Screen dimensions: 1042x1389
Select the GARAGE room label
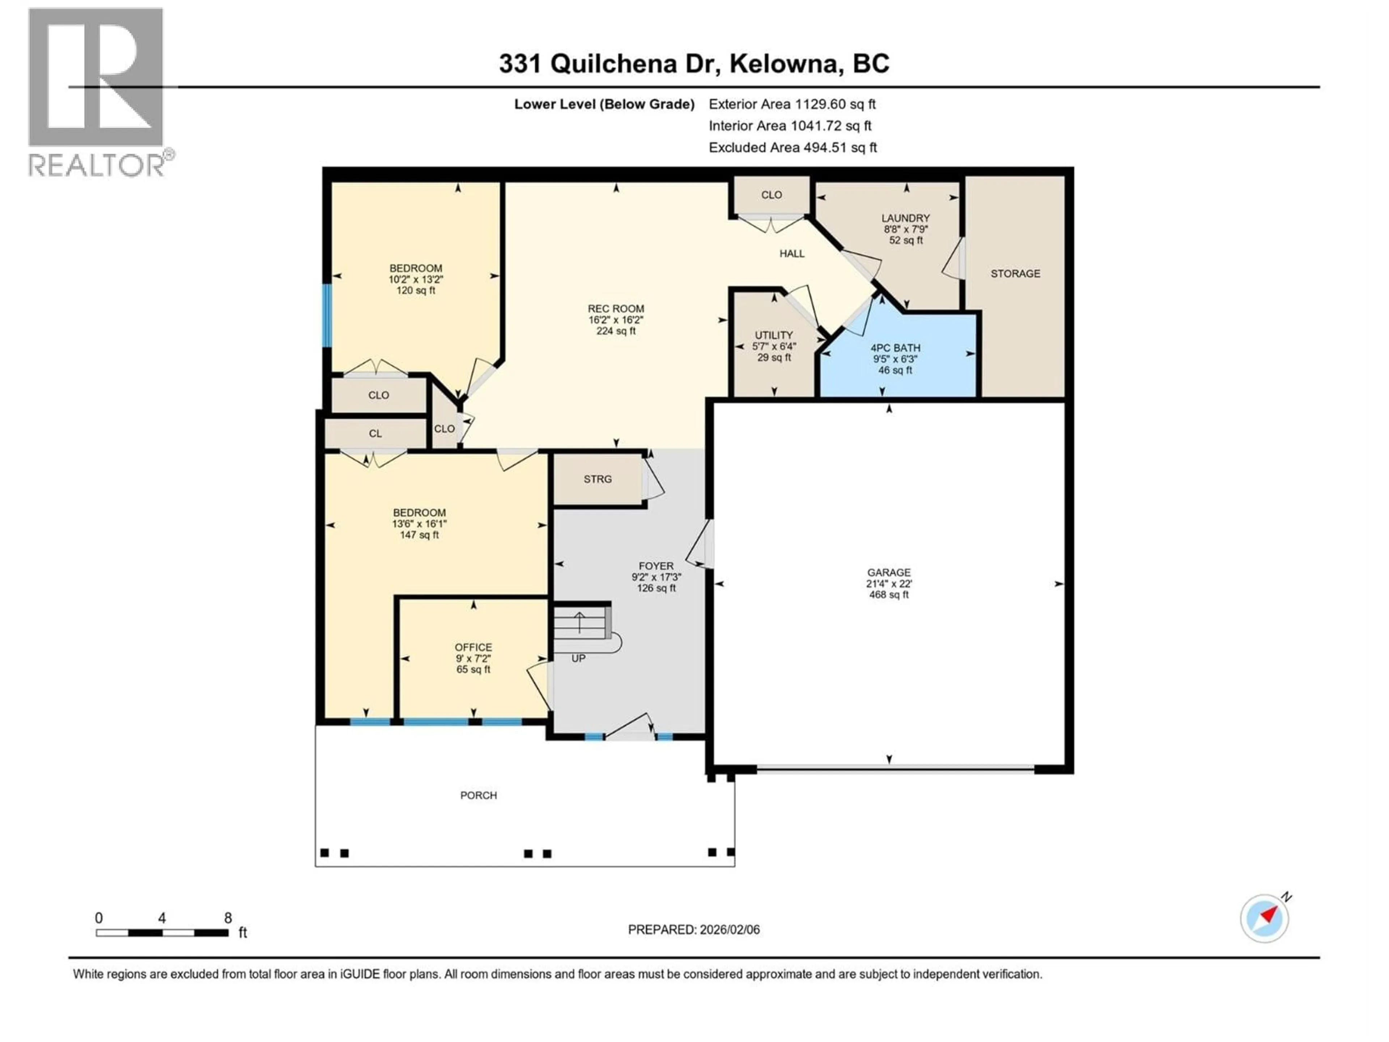pyautogui.click(x=888, y=572)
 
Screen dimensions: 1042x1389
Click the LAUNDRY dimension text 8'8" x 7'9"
pyautogui.click(x=905, y=229)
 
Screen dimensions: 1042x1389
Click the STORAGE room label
pyautogui.click(x=1015, y=273)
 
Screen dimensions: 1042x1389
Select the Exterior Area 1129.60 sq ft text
pyautogui.click(x=792, y=104)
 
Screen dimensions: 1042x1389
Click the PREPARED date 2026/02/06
pyautogui.click(x=693, y=929)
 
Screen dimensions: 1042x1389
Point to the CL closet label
pyautogui.click(x=375, y=433)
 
